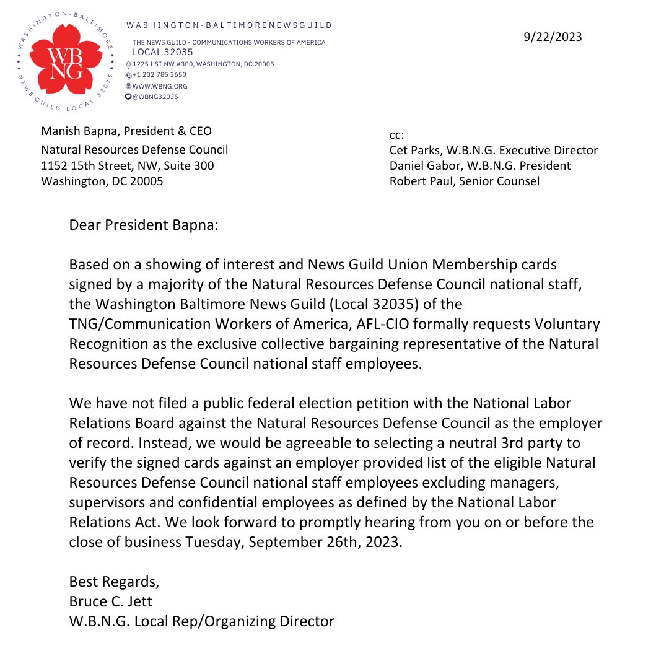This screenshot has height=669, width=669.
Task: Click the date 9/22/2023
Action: pos(553,37)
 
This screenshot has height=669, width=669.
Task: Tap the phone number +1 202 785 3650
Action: pos(159,75)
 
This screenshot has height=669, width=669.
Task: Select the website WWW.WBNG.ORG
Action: pos(160,86)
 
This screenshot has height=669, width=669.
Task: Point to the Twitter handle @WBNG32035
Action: pos(155,97)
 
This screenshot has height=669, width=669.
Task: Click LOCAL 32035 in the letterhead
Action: pos(162,53)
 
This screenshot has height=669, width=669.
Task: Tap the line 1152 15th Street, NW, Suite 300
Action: pos(128,165)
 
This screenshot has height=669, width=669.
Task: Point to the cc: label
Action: pos(397,134)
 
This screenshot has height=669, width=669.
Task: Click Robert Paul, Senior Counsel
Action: pos(464,181)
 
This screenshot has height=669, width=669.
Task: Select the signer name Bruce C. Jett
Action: pos(111,601)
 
